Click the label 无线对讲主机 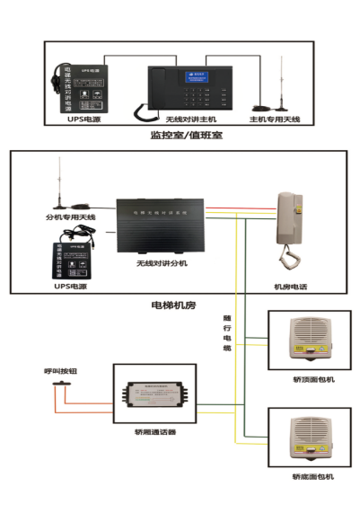(x=189, y=119)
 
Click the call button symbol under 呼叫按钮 (x=61, y=385)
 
